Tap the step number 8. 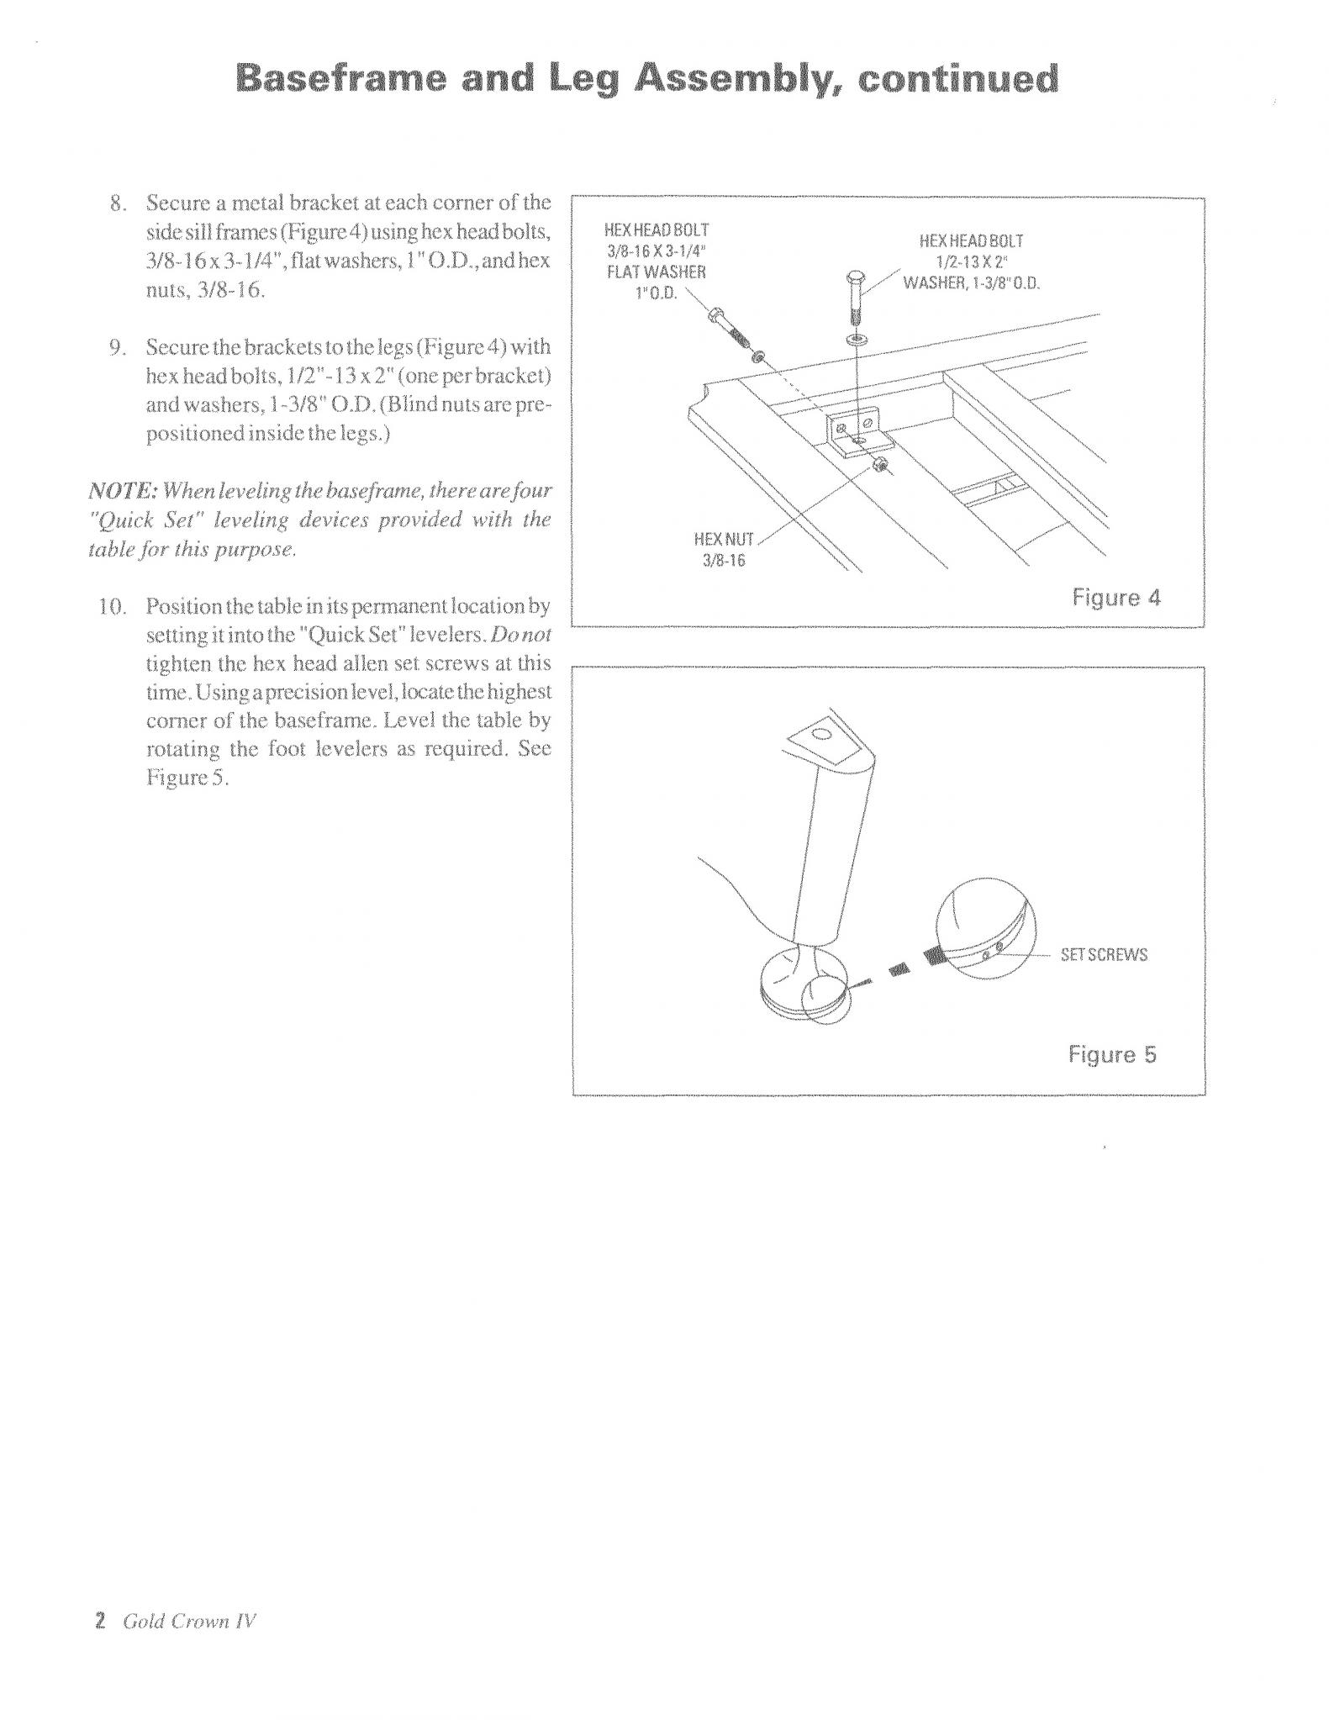pos(118,203)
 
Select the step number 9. pos(118,347)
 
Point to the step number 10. pos(112,606)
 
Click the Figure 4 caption pos(1115,598)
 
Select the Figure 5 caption pos(1112,1054)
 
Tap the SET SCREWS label pos(1103,955)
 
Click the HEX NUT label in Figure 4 pos(724,539)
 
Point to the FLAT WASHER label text pos(657,272)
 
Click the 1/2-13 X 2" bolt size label pos(971,261)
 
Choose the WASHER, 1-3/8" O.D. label pos(971,282)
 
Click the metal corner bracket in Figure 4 pos(855,428)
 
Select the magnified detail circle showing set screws pos(986,927)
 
